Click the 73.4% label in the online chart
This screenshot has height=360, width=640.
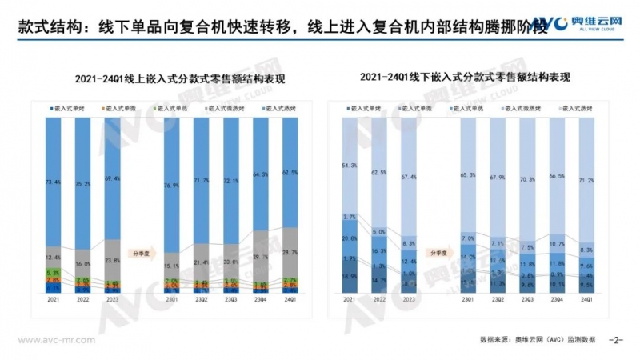coord(54,182)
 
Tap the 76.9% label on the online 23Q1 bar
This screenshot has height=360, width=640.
coord(172,186)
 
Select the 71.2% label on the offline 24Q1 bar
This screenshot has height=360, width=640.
coord(586,182)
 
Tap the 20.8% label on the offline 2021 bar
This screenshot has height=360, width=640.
coord(350,238)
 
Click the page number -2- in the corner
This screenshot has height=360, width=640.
coord(615,339)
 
